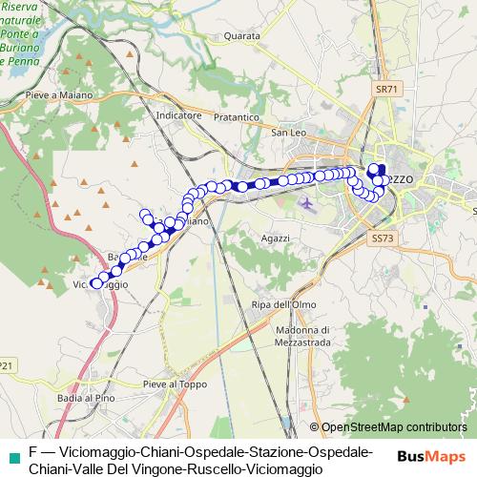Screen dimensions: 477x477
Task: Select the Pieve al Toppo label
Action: [x=174, y=384]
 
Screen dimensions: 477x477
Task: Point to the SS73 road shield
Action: [x=382, y=237]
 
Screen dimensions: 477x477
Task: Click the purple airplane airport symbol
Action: [x=305, y=201]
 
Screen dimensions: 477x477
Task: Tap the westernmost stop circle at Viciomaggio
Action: [x=96, y=283]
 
